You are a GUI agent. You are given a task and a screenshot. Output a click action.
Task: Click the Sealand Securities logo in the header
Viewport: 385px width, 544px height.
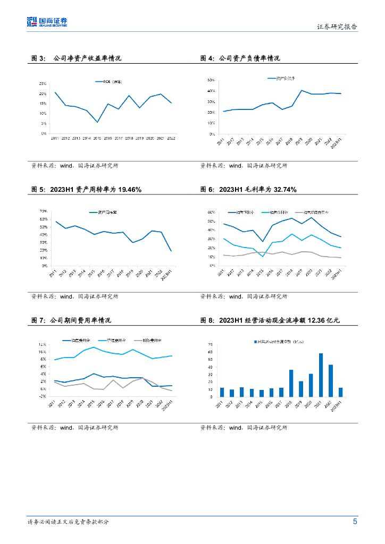47,22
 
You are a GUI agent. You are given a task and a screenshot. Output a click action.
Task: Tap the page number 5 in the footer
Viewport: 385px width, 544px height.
355,522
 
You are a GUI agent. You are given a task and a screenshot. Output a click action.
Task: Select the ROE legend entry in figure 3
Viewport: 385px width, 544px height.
108,82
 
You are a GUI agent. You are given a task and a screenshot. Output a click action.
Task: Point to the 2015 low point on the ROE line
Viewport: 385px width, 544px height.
97,122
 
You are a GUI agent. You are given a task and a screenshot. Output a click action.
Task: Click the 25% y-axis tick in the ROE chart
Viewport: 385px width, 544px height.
42,84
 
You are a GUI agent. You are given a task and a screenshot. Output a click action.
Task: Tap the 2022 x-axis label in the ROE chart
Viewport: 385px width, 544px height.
171,138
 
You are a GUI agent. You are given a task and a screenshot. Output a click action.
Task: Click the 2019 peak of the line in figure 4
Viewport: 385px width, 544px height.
302,90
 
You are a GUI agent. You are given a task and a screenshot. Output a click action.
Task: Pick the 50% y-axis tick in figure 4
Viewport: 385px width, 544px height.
211,80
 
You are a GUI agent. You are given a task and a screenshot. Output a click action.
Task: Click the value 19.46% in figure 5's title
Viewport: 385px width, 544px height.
130,190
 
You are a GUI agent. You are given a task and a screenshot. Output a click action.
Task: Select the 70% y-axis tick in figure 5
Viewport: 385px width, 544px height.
44,211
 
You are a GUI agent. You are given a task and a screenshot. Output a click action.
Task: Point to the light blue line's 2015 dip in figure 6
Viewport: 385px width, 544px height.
262,257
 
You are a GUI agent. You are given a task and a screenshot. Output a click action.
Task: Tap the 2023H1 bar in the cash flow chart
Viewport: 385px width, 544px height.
340,392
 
